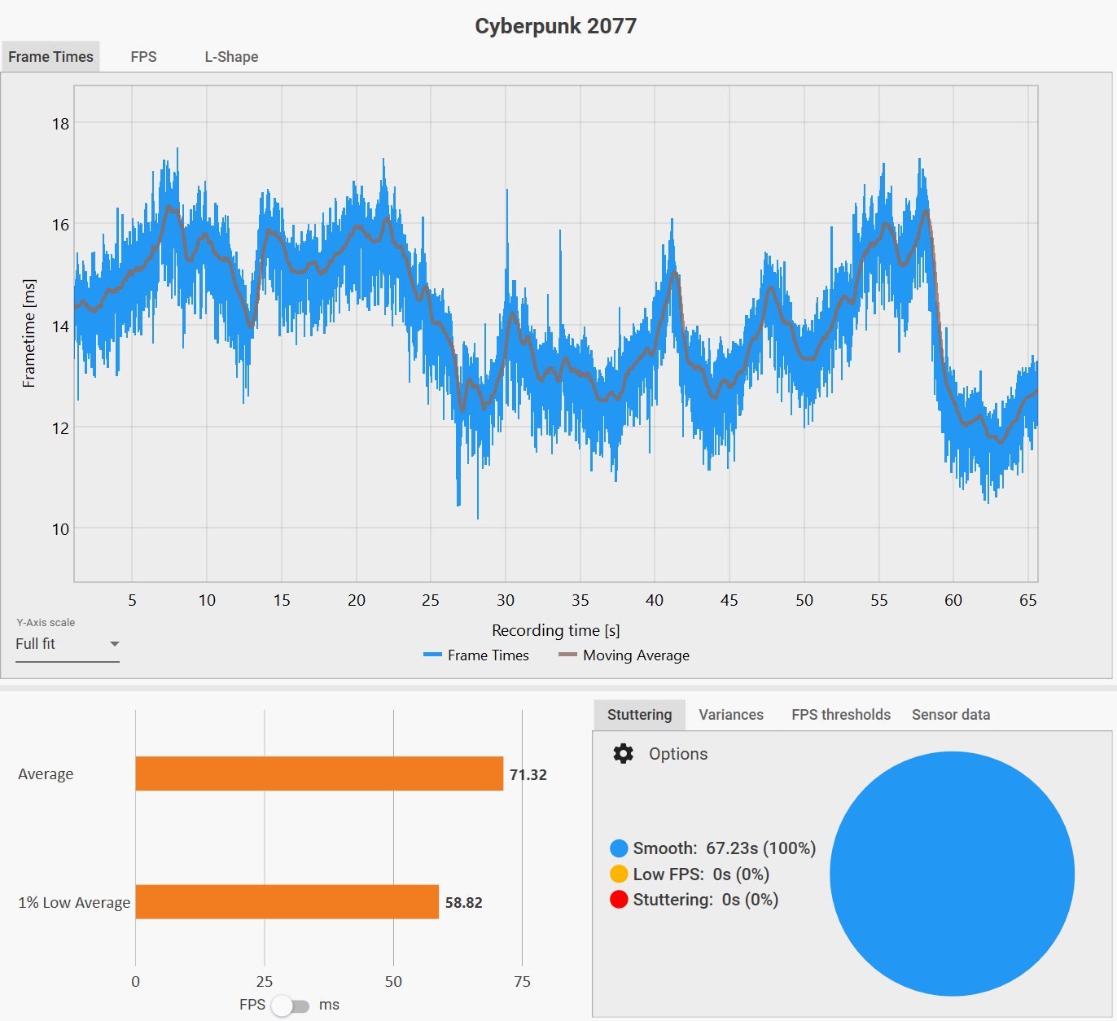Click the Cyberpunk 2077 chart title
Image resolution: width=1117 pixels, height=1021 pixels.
point(555,26)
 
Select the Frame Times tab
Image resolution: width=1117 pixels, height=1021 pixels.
point(50,57)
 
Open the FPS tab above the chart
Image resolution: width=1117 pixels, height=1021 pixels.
point(143,57)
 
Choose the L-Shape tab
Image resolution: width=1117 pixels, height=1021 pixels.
point(231,57)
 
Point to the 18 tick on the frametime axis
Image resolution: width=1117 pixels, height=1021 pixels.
point(60,124)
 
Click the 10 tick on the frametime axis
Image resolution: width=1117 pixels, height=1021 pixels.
point(60,529)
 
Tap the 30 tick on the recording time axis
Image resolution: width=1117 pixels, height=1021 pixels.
point(506,600)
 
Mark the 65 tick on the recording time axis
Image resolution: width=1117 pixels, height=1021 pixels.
point(1028,600)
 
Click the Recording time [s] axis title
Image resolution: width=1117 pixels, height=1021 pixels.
point(555,630)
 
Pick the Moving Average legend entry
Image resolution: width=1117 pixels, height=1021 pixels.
point(624,655)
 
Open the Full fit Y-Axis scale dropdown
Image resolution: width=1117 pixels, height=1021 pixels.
point(68,644)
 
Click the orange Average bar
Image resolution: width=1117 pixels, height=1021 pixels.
point(319,773)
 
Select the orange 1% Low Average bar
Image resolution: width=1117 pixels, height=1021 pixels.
point(287,902)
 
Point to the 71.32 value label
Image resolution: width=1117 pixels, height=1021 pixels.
point(528,774)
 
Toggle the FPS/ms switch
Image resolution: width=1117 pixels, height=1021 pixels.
point(291,1006)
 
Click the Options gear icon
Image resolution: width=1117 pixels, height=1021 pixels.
point(624,754)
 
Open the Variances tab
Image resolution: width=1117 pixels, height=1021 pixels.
point(731,715)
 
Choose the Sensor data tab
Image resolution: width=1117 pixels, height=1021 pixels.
point(951,715)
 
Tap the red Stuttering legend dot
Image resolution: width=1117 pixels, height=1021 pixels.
point(619,900)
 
